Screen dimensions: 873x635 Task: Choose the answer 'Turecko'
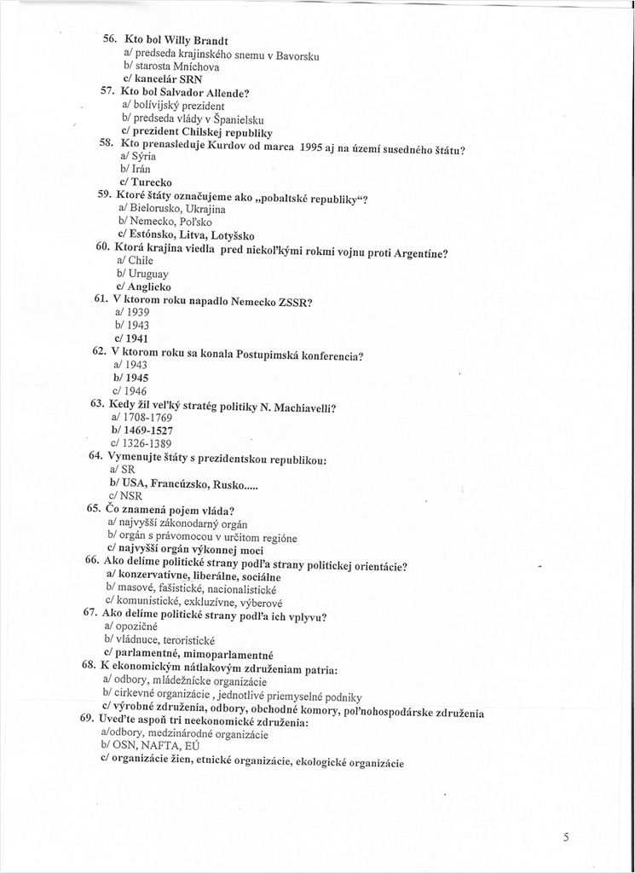(151, 182)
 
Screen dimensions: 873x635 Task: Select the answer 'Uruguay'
(147, 274)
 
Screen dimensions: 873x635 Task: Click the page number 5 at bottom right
(566, 837)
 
